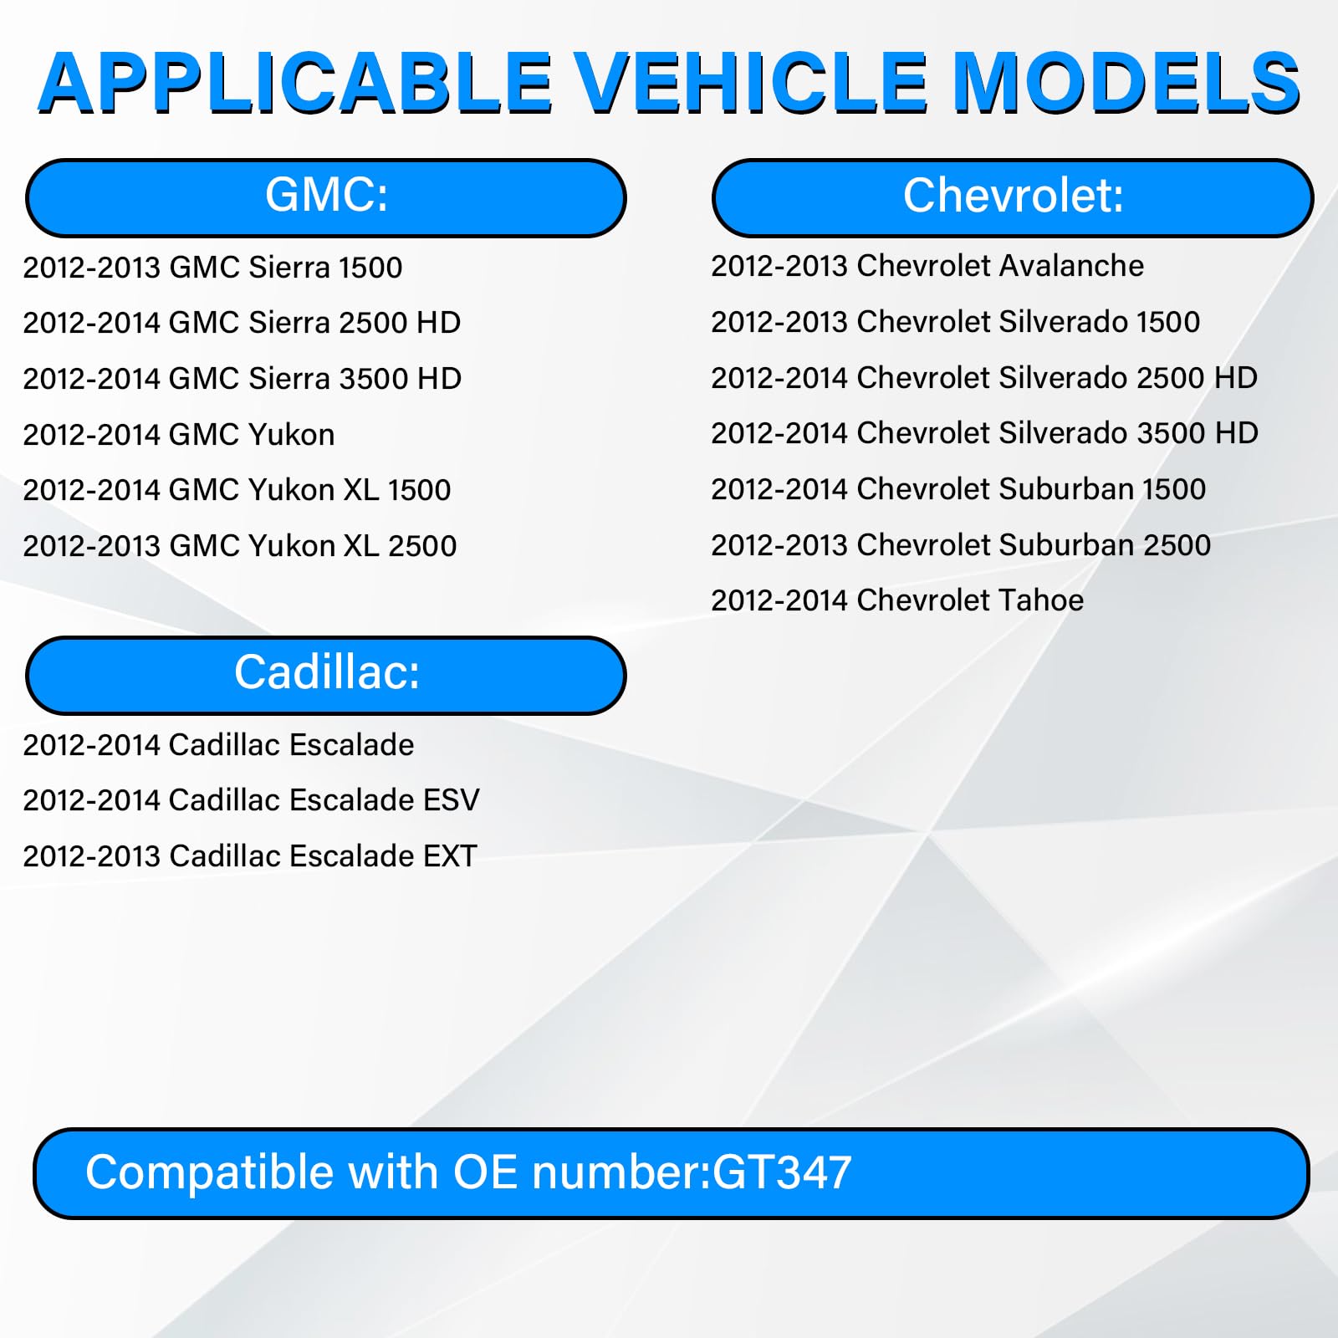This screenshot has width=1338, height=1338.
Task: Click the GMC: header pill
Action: pos(326,197)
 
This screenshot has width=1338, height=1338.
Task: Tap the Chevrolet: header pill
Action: pos(1013,197)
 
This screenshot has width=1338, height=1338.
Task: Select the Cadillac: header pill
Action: pos(326,675)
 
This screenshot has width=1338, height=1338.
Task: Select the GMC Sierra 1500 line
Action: pos(212,268)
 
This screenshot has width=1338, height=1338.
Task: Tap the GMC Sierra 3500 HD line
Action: pos(242,379)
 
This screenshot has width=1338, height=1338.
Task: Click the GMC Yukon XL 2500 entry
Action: pos(239,546)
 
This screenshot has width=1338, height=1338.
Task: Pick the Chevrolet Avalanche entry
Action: pos(927,266)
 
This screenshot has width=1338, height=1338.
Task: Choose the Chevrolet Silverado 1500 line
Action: pos(955,322)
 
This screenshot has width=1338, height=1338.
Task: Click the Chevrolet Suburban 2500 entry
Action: pos(960,545)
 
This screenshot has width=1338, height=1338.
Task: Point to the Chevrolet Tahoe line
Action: pos(896,600)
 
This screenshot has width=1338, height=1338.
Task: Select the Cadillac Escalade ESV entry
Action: pos(251,800)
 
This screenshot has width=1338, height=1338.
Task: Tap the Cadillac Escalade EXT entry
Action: pos(249,856)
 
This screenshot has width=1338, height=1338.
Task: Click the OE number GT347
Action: pos(782,1172)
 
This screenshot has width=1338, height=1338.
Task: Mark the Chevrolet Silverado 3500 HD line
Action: pos(984,433)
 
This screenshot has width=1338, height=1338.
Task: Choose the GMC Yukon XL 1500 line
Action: pos(237,490)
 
